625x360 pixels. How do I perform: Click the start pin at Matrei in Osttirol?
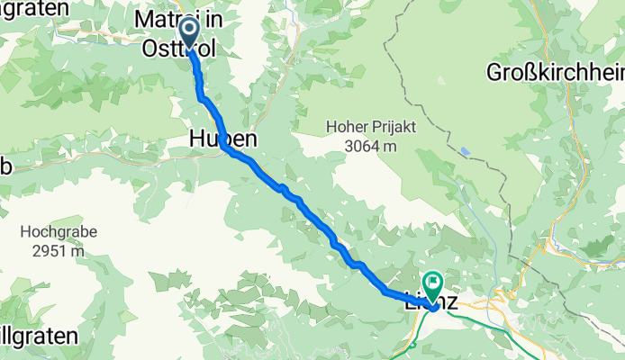(x=190, y=32)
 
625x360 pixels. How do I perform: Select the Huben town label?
(x=222, y=139)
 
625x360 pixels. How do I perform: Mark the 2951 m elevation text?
(x=58, y=250)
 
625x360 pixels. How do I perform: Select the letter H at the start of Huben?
(x=198, y=139)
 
